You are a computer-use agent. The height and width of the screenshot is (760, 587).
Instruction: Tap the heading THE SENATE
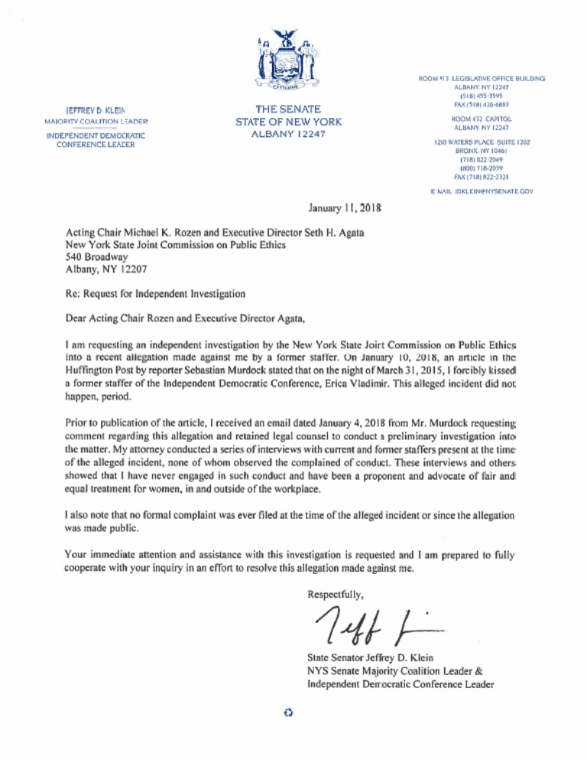point(288,109)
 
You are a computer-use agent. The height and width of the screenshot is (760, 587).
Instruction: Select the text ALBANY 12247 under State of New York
point(288,134)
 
